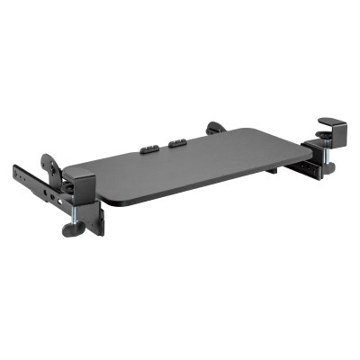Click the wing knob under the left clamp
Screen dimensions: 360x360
point(72,228)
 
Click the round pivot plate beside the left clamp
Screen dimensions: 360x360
point(51,167)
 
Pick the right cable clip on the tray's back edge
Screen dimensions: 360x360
point(176,141)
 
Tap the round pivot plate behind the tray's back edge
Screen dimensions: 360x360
point(216,129)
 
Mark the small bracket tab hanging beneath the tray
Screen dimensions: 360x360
point(271,168)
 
